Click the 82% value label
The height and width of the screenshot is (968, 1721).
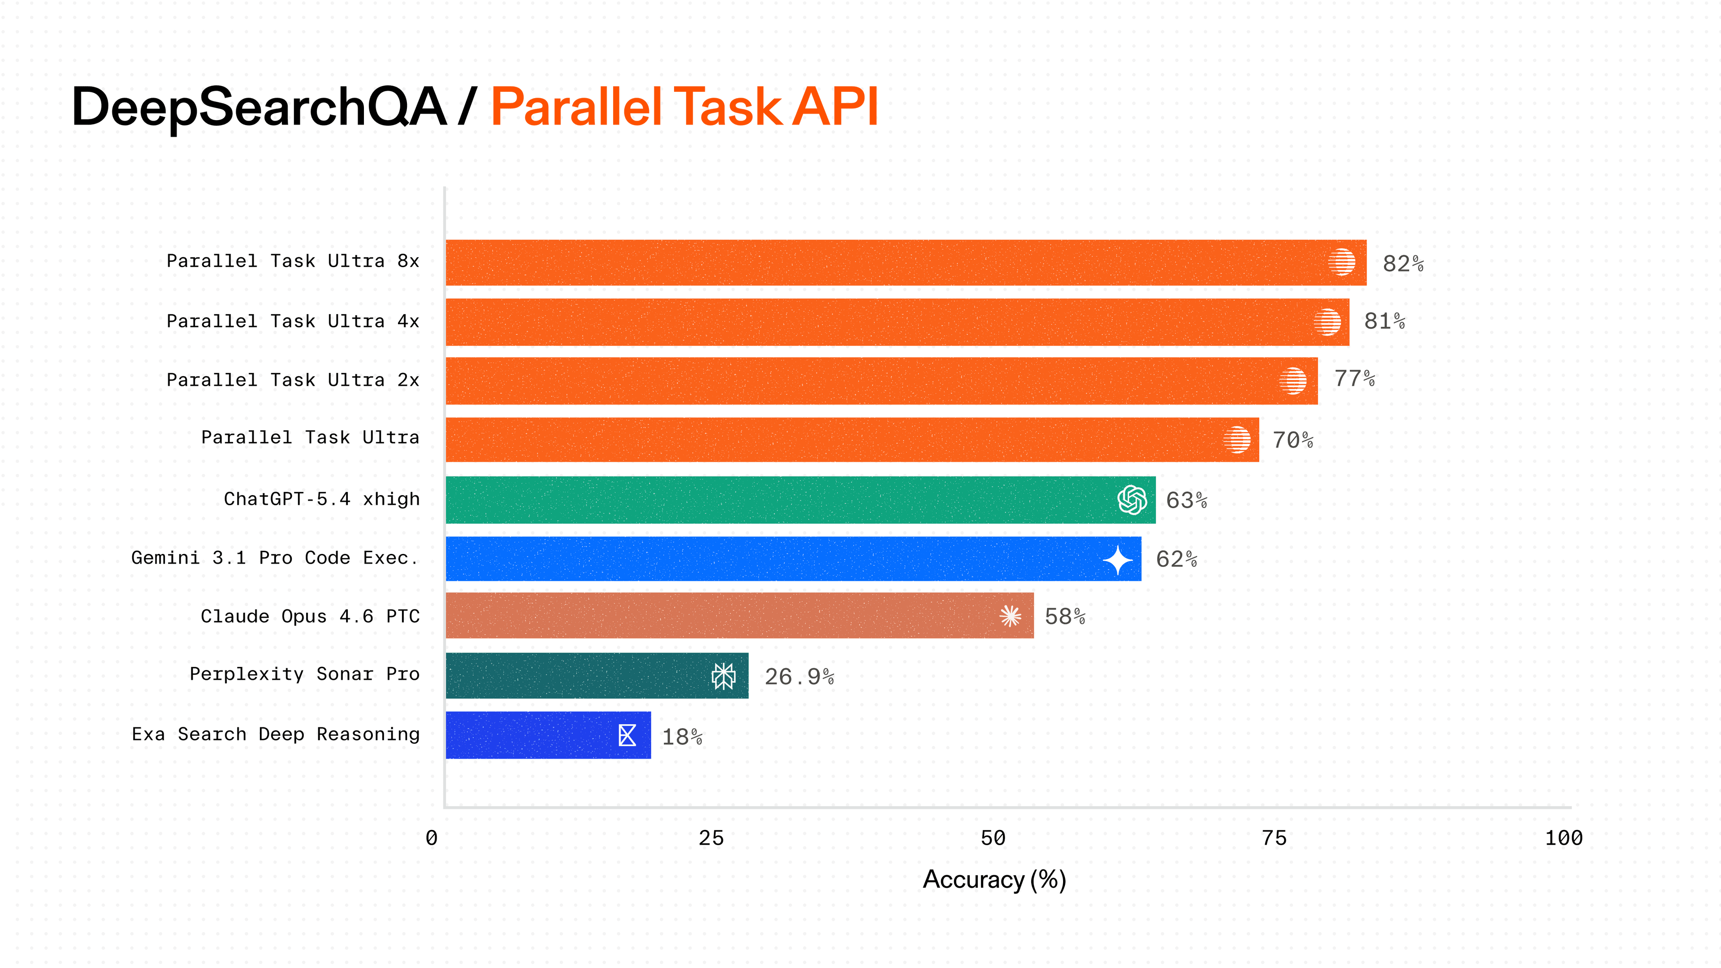pyautogui.click(x=1402, y=264)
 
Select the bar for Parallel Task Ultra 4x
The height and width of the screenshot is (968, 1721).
pyautogui.click(x=895, y=322)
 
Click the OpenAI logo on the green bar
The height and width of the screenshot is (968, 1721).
pyautogui.click(x=1132, y=500)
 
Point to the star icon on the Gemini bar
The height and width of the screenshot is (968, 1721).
pyautogui.click(x=1118, y=560)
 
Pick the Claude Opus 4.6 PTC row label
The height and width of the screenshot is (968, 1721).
pyautogui.click(x=310, y=616)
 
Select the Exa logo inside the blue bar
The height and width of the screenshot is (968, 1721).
pyautogui.click(x=627, y=735)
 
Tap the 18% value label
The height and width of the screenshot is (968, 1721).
pyautogui.click(x=681, y=737)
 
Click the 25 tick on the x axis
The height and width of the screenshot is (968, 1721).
pyautogui.click(x=711, y=838)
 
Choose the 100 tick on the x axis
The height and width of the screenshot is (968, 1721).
pyautogui.click(x=1563, y=838)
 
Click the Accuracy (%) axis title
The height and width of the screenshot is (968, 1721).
pyautogui.click(x=994, y=879)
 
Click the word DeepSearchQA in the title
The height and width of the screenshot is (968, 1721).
pyautogui.click(x=259, y=107)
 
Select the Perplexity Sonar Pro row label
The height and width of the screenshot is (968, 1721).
pyautogui.click(x=305, y=674)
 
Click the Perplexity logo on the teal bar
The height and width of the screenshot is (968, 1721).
pyautogui.click(x=723, y=676)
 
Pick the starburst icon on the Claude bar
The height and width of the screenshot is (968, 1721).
pyautogui.click(x=1010, y=616)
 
